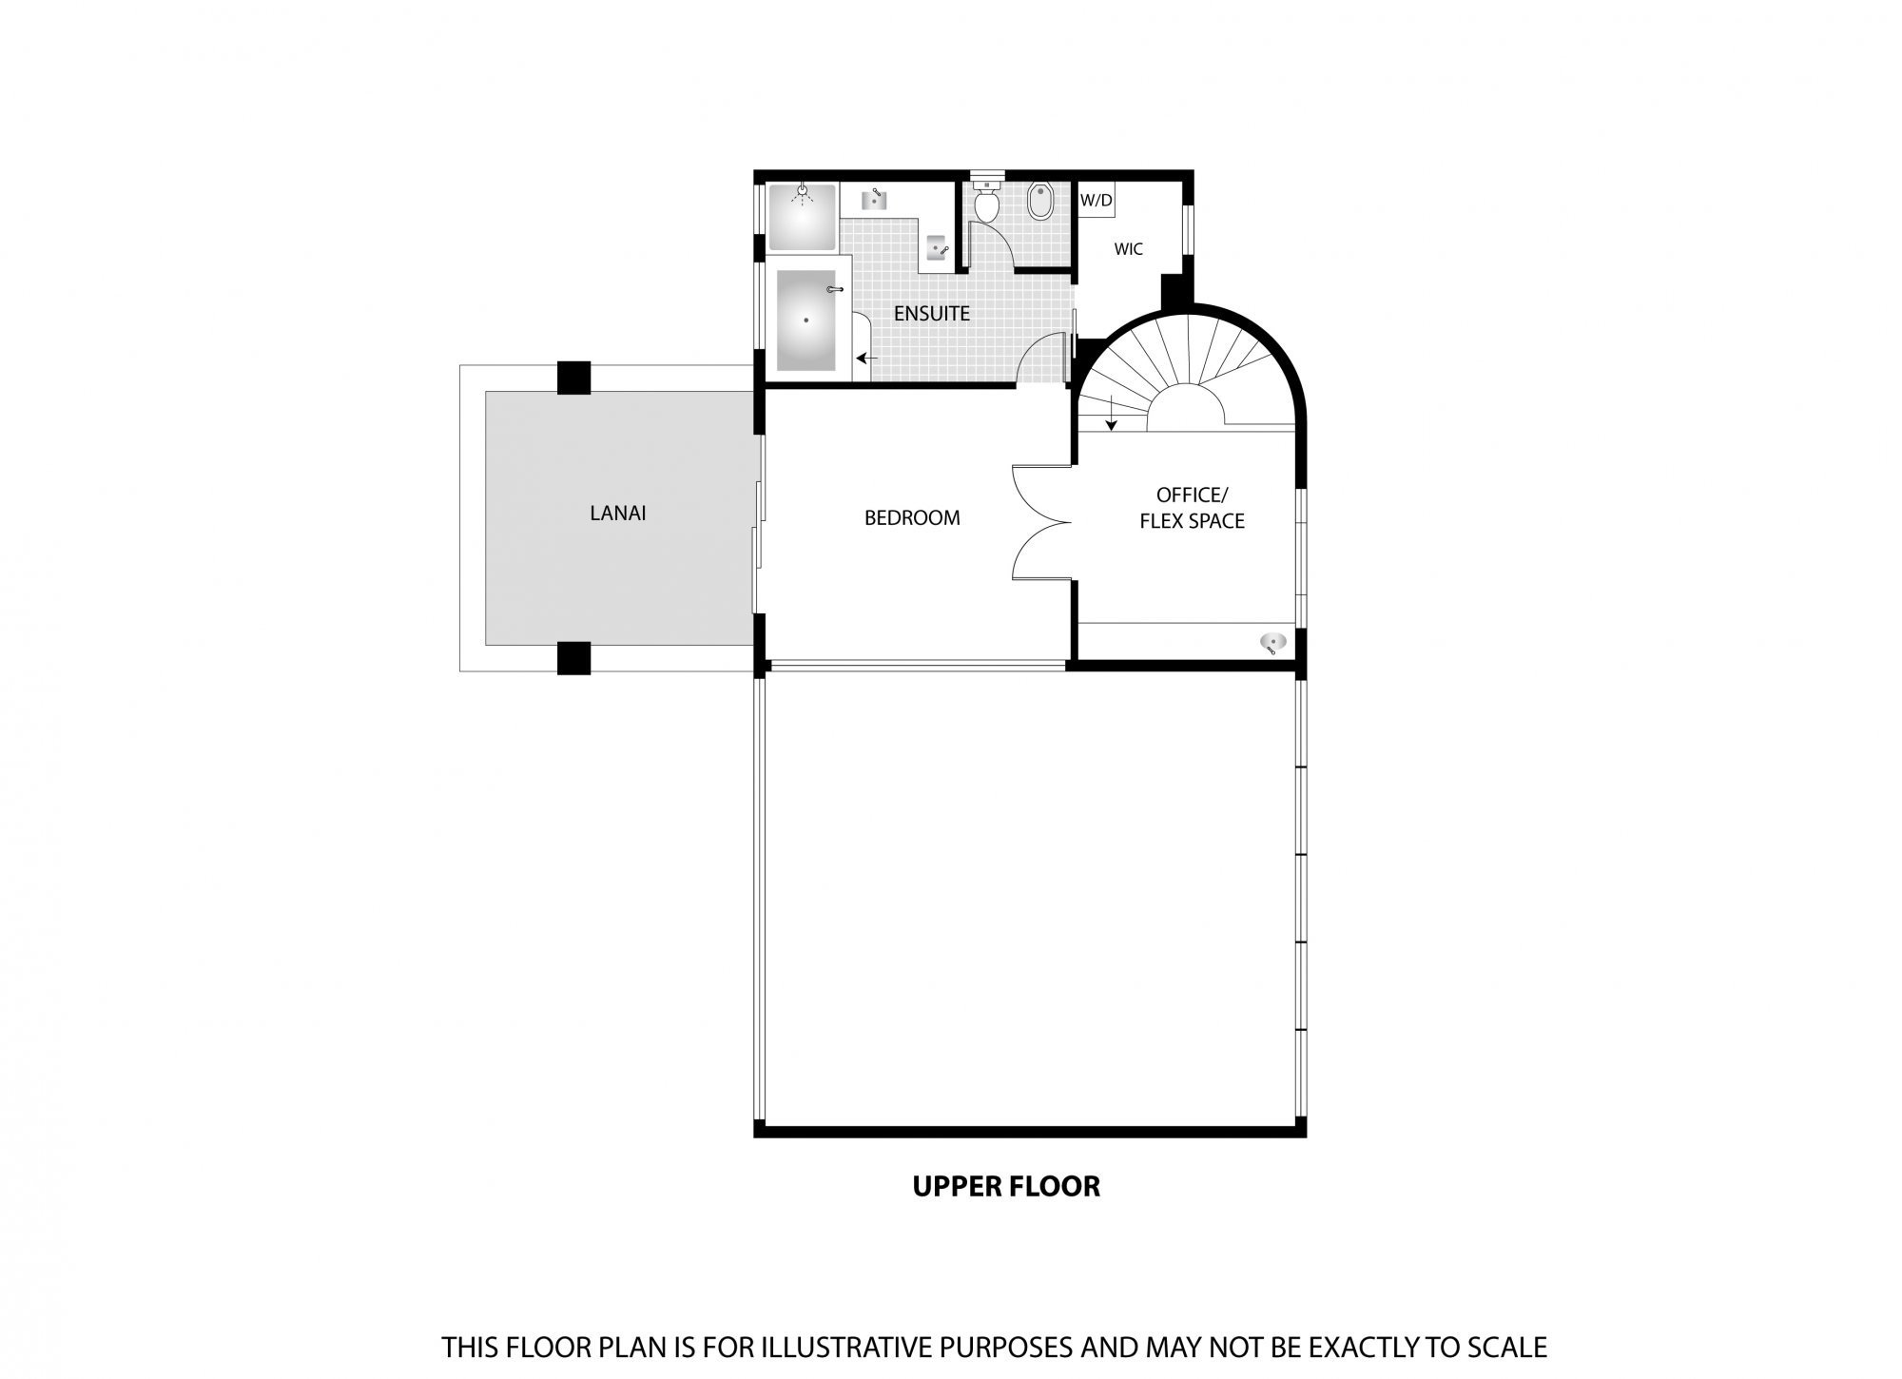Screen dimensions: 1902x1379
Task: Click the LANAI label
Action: coord(618,514)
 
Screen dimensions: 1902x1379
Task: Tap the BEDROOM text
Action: coord(912,518)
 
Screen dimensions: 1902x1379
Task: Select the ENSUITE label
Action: coord(932,313)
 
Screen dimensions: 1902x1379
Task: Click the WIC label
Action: coord(1128,250)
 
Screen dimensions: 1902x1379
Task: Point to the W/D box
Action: coord(1097,201)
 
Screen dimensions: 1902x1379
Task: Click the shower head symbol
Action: coord(804,193)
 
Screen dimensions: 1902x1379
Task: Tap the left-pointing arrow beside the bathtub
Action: coord(866,359)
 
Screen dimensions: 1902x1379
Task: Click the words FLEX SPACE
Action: coord(1193,521)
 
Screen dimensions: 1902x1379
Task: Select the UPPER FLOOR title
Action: coord(1006,1186)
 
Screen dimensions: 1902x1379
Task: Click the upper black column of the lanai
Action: coord(573,378)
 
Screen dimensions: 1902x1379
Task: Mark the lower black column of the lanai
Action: coord(573,658)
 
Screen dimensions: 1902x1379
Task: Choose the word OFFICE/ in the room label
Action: coord(1193,495)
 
